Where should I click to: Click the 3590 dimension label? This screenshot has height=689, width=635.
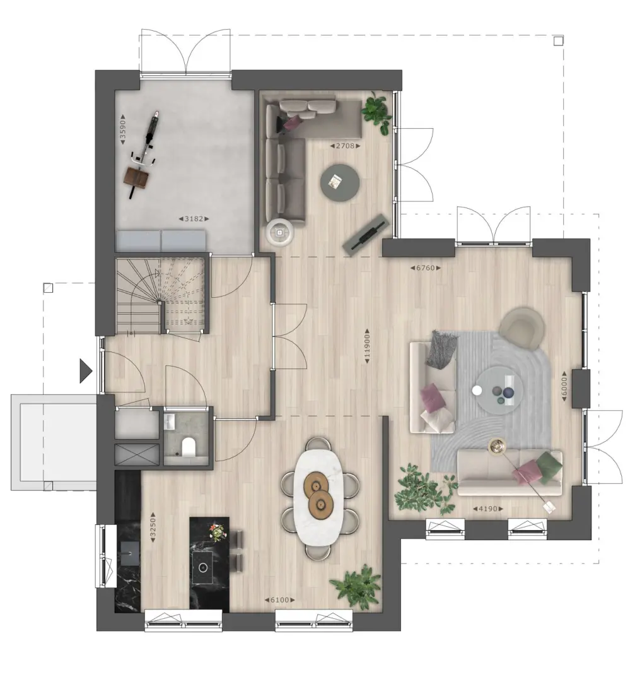pos(124,129)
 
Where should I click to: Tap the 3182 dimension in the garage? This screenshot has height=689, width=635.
pos(194,219)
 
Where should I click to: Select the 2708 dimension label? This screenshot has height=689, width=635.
pos(345,146)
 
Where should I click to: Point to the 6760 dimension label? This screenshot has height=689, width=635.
pos(426,268)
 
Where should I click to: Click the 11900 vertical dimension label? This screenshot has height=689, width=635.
pos(367,346)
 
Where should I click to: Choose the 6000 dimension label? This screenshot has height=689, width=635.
pos(565,386)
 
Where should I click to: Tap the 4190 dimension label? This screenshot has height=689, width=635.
pos(488,509)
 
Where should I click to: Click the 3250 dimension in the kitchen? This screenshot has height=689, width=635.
pos(153,527)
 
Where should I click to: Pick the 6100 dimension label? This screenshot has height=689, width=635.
pos(280,600)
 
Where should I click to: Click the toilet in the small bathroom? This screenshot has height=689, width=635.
pos(189,447)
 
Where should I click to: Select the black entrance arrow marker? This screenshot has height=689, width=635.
pos(86,371)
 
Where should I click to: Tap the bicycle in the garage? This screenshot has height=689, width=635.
pos(144,155)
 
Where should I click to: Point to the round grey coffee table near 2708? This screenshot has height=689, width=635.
pos(340,183)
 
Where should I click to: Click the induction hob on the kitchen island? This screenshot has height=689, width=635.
pos(202,567)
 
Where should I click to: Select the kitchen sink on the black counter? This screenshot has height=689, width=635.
pos(130,553)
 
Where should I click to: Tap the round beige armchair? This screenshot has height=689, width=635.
pos(521,329)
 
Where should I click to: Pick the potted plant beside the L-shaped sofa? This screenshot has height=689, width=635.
pos(377,112)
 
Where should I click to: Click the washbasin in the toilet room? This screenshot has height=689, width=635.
pos(170,422)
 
